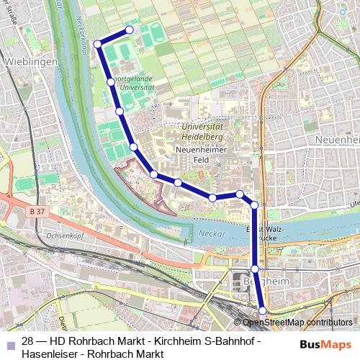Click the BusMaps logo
click(329, 343)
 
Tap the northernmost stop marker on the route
click(130, 30)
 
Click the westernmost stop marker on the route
click(97, 44)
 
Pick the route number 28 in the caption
click(29, 341)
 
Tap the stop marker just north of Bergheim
click(254, 268)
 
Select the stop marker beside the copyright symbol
click(262, 311)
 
